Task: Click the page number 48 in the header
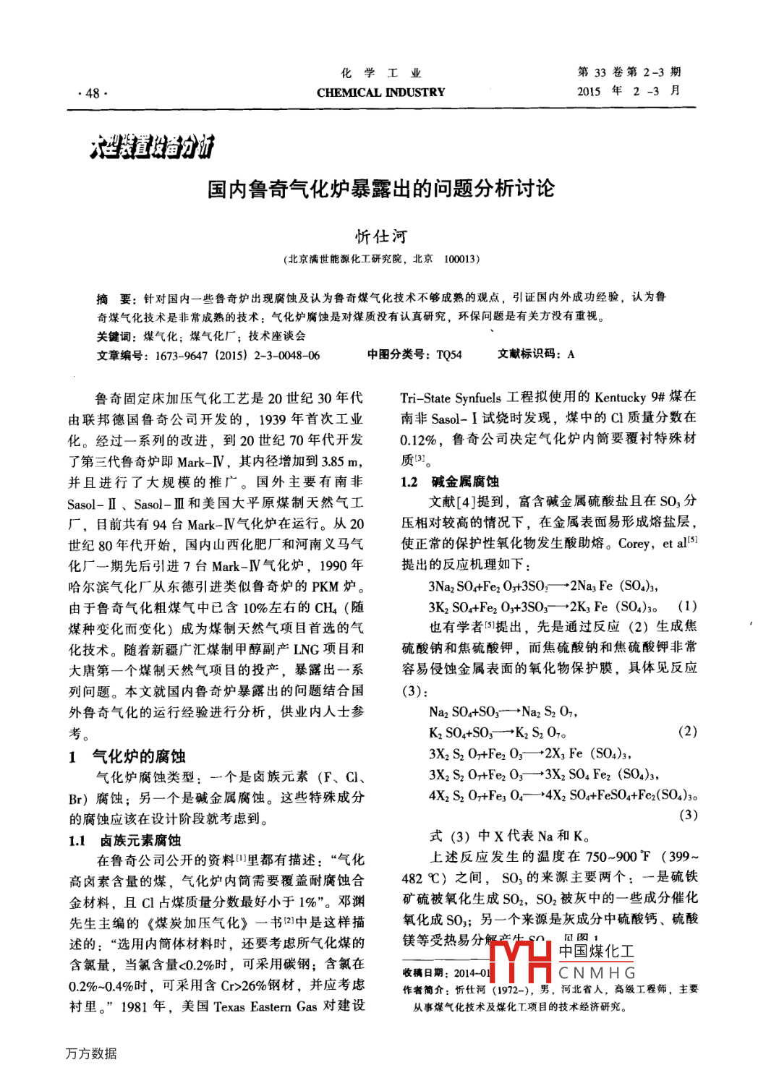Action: pos(93,93)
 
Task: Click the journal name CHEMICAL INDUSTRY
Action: pos(380,93)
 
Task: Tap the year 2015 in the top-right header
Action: pos(589,91)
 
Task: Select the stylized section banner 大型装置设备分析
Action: pos(152,147)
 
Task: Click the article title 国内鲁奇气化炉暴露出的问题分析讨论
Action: pos(380,189)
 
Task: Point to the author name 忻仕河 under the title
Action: pos(381,236)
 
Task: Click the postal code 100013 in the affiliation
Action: pos(459,260)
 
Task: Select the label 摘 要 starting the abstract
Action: pos(114,298)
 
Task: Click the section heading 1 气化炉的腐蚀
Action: pos(128,757)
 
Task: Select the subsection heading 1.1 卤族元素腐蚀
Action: pos(125,840)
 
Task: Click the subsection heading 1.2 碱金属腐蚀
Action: pos(450,482)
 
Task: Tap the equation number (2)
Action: pos(687,731)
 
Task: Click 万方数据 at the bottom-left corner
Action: pos(91,1053)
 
